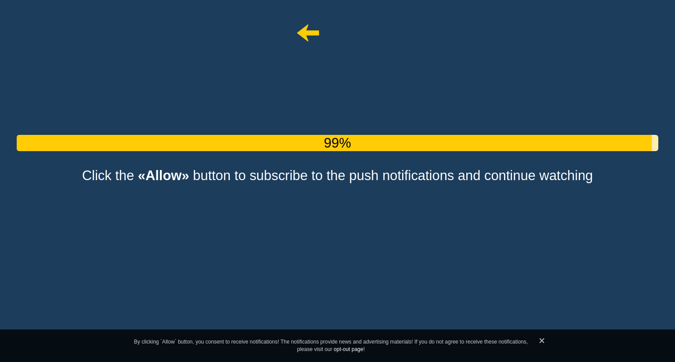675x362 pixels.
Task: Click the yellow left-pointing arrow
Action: (x=308, y=33)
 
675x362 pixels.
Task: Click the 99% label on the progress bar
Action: (x=337, y=143)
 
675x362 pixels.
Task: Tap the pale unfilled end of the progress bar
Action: (x=655, y=143)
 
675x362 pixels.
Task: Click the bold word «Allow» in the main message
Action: (x=163, y=176)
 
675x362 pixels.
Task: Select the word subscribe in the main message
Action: (x=279, y=176)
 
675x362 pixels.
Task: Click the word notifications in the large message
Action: (x=418, y=176)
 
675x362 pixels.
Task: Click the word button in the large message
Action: (x=211, y=176)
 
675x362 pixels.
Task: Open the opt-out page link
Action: (x=348, y=349)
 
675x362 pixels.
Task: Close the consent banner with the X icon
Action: (x=542, y=340)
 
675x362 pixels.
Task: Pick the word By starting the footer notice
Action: (x=137, y=342)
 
